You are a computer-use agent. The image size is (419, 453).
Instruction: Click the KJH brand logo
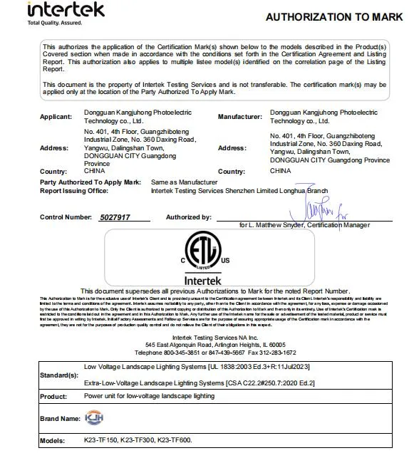point(94,418)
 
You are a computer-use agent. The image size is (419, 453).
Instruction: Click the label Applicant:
point(56,117)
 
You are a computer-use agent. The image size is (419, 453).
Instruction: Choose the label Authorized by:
point(188,217)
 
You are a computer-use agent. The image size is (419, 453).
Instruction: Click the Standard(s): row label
point(59,375)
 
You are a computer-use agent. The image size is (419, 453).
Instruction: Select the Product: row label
point(53,397)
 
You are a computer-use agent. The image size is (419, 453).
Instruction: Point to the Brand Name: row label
point(60,419)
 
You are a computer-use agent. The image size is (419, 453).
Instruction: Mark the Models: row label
point(53,441)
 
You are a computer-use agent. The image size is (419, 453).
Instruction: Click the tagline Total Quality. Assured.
point(55,24)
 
